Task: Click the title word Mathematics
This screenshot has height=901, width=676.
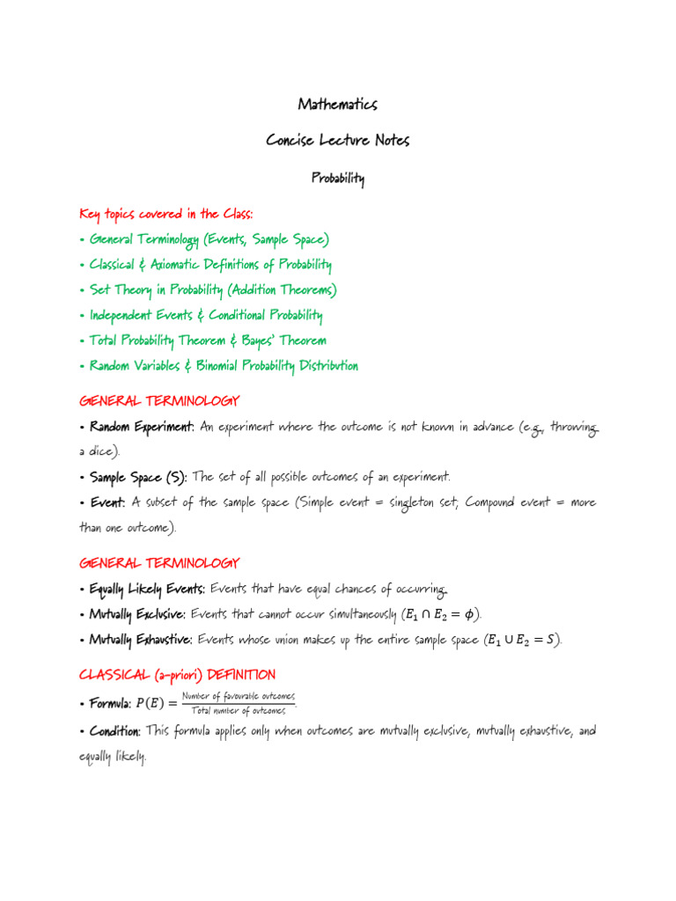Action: pos(338,105)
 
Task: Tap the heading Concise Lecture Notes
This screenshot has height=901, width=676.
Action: pos(338,141)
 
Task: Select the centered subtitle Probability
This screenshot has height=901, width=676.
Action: pos(338,179)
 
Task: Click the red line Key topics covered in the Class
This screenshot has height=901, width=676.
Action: pos(166,214)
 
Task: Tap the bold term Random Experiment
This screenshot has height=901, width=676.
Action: pos(142,428)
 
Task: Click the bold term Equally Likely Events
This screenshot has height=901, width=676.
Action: pos(147,589)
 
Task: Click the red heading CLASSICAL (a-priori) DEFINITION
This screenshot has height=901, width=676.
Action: pos(177,675)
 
